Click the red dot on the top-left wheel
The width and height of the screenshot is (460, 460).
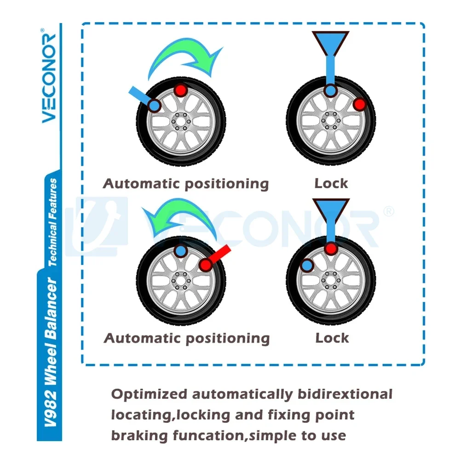tap(181, 90)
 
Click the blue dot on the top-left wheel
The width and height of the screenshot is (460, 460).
tap(154, 105)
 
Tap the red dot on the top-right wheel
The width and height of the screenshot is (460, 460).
tap(359, 104)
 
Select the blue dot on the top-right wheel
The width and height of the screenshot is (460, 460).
tap(331, 90)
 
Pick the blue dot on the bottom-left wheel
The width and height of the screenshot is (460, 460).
tap(181, 251)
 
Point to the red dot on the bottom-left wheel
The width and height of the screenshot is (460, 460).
tap(206, 265)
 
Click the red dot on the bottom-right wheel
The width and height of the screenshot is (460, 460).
tap(331, 249)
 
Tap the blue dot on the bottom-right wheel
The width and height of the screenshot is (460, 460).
tap(307, 265)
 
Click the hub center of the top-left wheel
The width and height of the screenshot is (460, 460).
tap(181, 121)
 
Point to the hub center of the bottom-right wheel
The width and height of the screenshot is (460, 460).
tap(331, 280)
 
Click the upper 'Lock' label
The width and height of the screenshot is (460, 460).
tap(331, 184)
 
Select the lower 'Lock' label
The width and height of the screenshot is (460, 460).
tap(332, 338)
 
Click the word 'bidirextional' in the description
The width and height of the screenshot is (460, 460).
tap(345, 394)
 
